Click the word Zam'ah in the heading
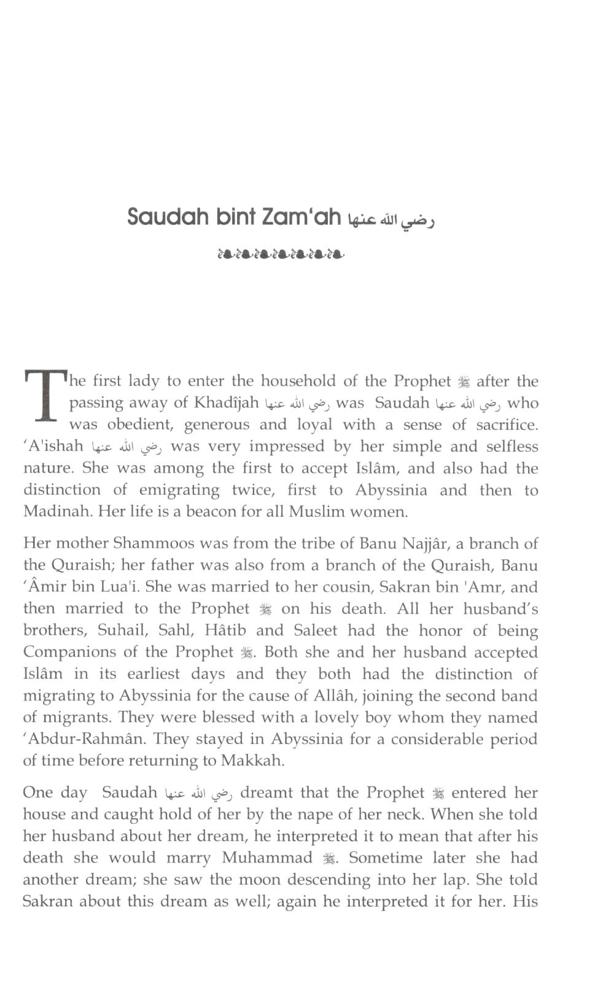pyautogui.click(x=301, y=217)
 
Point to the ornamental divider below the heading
pyautogui.click(x=281, y=253)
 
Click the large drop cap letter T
pyautogui.click(x=45, y=396)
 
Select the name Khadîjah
pyautogui.click(x=227, y=403)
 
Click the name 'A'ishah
pyautogui.click(x=56, y=446)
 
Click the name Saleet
pyautogui.click(x=315, y=630)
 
